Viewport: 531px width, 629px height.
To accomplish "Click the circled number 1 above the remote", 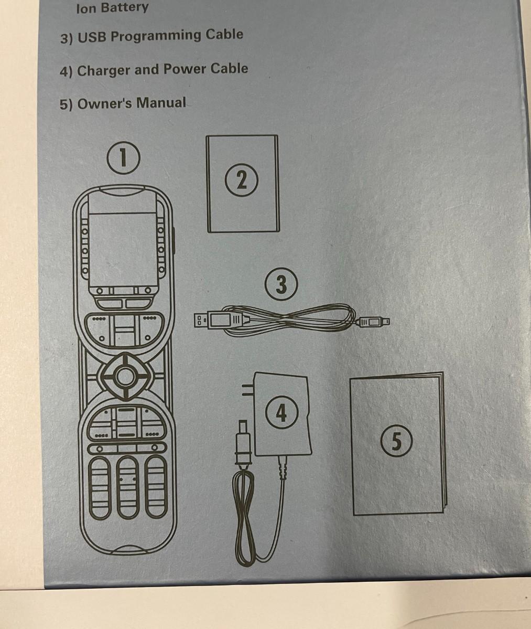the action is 123,158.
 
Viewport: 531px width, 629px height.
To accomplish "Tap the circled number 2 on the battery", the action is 241,180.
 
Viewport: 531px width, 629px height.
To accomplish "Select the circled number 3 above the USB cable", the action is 281,284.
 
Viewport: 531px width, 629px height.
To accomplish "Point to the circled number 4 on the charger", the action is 281,412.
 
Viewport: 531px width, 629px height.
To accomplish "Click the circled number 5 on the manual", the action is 396,441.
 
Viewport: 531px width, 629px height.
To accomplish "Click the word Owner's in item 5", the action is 104,103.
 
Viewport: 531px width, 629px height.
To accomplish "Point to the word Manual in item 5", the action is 161,102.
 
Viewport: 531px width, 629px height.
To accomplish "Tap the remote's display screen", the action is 122,250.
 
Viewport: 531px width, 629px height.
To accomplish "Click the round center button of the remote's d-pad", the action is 125,376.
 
